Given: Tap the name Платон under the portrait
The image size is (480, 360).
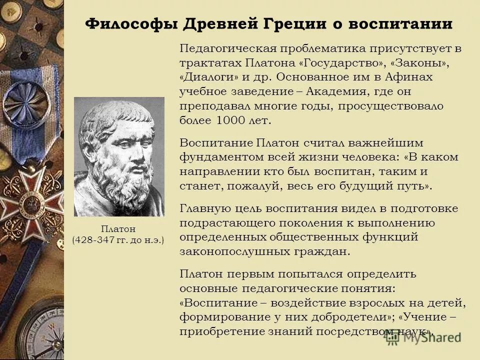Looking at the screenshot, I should coord(119,228).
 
